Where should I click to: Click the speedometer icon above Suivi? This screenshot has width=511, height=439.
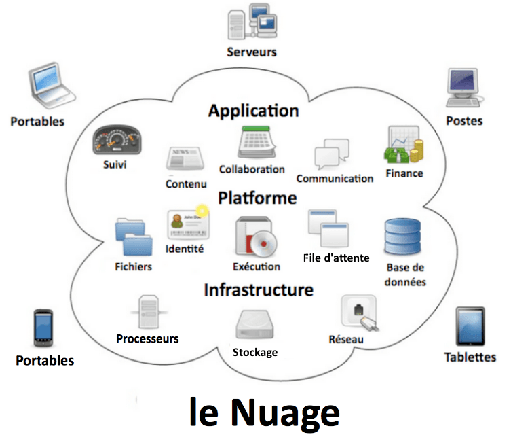coord(119,141)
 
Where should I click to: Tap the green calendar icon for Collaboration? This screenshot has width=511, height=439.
coord(254,143)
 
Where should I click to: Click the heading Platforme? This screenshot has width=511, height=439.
coord(257,198)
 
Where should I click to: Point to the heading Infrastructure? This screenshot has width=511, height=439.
coord(259,290)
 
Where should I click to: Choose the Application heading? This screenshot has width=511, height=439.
coord(253,110)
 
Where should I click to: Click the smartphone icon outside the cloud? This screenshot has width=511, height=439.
coord(43,328)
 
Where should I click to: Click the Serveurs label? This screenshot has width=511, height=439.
coord(252,52)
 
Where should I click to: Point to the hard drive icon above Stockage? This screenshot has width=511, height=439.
coord(255,326)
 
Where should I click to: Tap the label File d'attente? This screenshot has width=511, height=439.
coord(336,258)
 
